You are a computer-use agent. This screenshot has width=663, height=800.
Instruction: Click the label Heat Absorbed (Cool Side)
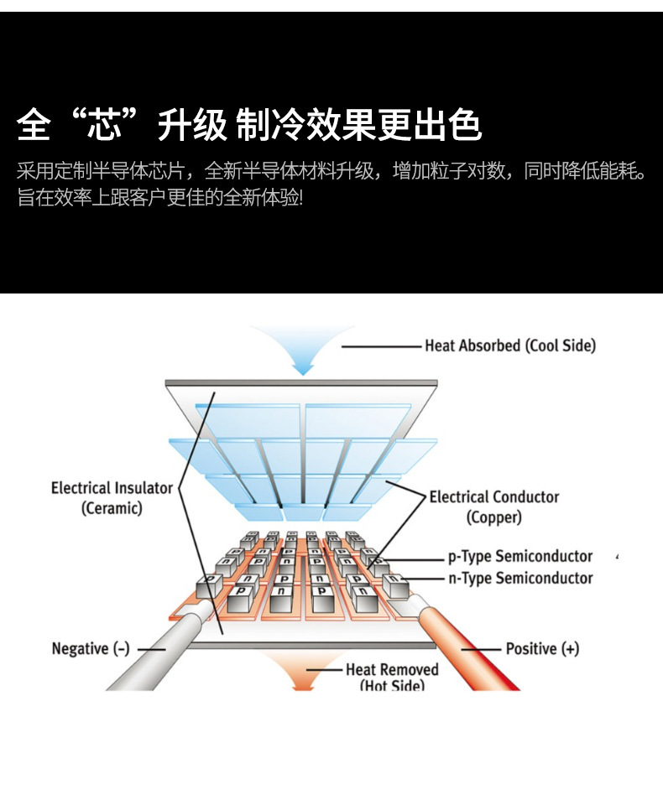pyautogui.click(x=509, y=345)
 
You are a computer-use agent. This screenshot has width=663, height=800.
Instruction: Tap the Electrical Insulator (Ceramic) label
pyautogui.click(x=112, y=497)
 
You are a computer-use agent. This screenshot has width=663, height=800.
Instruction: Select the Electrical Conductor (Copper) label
pyautogui.click(x=493, y=506)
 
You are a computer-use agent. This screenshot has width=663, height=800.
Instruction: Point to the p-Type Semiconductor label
pyautogui.click(x=519, y=556)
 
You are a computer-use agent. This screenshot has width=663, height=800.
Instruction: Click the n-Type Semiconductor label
pyautogui.click(x=519, y=578)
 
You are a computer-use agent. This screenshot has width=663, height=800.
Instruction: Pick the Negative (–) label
pyautogui.click(x=91, y=648)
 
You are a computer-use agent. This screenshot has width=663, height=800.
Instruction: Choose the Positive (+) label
pyautogui.click(x=542, y=648)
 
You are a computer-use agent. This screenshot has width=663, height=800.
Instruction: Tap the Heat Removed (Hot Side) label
pyautogui.click(x=392, y=677)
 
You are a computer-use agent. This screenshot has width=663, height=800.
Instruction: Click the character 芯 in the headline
pyautogui.click(x=105, y=125)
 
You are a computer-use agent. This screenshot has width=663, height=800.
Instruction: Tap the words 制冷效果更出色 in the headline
pyautogui.click(x=358, y=125)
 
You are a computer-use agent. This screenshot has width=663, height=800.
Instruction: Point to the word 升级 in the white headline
pyautogui.click(x=192, y=125)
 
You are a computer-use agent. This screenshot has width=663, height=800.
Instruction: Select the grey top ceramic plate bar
pyautogui.click(x=301, y=383)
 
